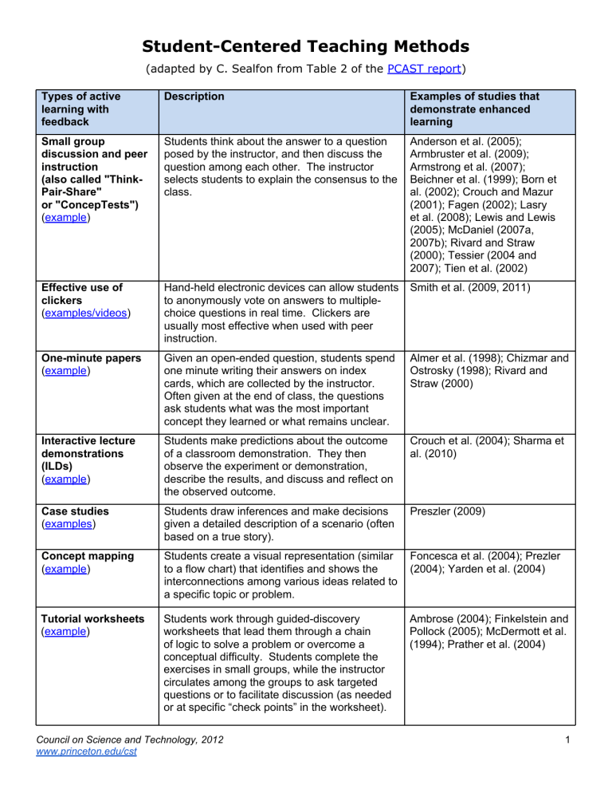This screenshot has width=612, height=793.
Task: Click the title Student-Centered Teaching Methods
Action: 306,46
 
